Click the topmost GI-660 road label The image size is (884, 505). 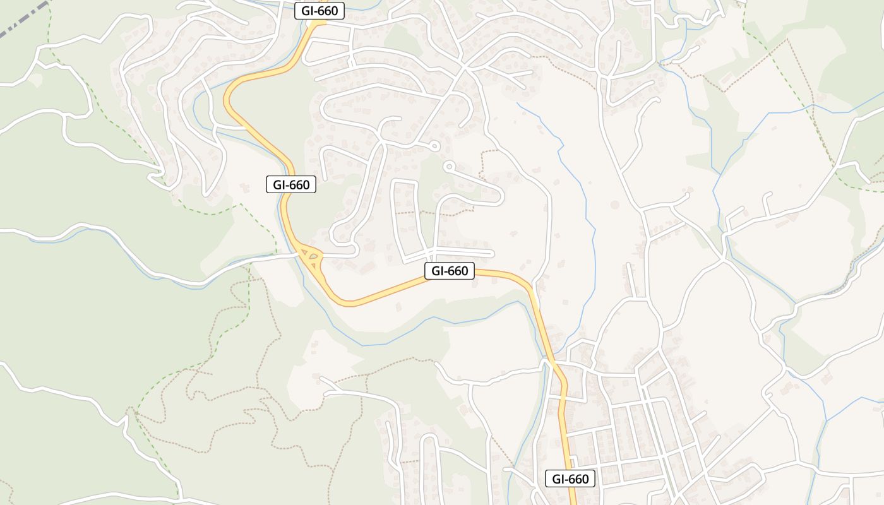(320, 11)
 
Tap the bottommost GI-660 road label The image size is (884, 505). (570, 478)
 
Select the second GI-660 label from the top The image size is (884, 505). (291, 184)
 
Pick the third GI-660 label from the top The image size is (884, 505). (449, 271)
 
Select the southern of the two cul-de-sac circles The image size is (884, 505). (449, 167)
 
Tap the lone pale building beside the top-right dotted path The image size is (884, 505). (726, 78)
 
